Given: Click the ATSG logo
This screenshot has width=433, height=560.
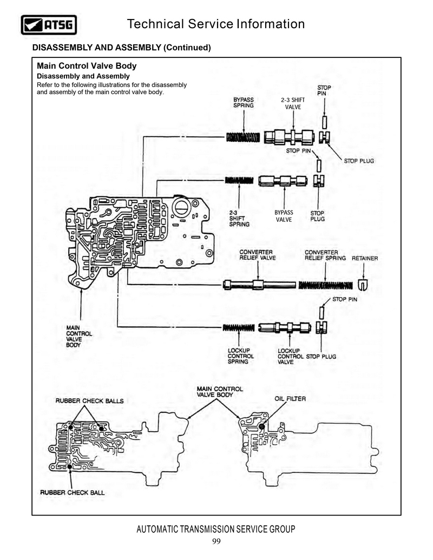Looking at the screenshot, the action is (49, 25).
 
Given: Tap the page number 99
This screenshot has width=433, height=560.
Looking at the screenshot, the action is (216, 542).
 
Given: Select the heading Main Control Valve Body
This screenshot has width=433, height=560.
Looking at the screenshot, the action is (87, 65).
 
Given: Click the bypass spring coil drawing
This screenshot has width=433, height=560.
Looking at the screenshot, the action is (243, 137).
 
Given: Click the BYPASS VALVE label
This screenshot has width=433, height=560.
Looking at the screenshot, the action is (284, 216).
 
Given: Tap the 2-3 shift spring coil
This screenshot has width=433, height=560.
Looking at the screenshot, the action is (239, 180).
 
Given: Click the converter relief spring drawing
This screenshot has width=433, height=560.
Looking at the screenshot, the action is (325, 285).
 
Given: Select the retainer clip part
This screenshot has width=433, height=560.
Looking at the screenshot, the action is (363, 285).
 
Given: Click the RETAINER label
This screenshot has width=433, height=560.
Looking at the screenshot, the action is (365, 258).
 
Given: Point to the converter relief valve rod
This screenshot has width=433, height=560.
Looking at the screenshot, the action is (259, 285).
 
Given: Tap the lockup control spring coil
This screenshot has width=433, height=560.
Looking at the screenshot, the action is (239, 327).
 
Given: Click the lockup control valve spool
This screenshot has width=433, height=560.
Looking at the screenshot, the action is (285, 327).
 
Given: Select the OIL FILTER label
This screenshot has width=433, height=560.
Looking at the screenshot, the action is (290, 399).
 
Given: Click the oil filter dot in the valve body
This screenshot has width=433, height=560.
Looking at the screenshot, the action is (262, 426).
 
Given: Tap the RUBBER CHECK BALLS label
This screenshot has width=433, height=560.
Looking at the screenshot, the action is (89, 401).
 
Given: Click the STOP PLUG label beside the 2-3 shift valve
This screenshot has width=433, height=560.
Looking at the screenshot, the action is (359, 161).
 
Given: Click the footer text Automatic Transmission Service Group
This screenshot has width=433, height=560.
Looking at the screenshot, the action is (216, 529).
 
